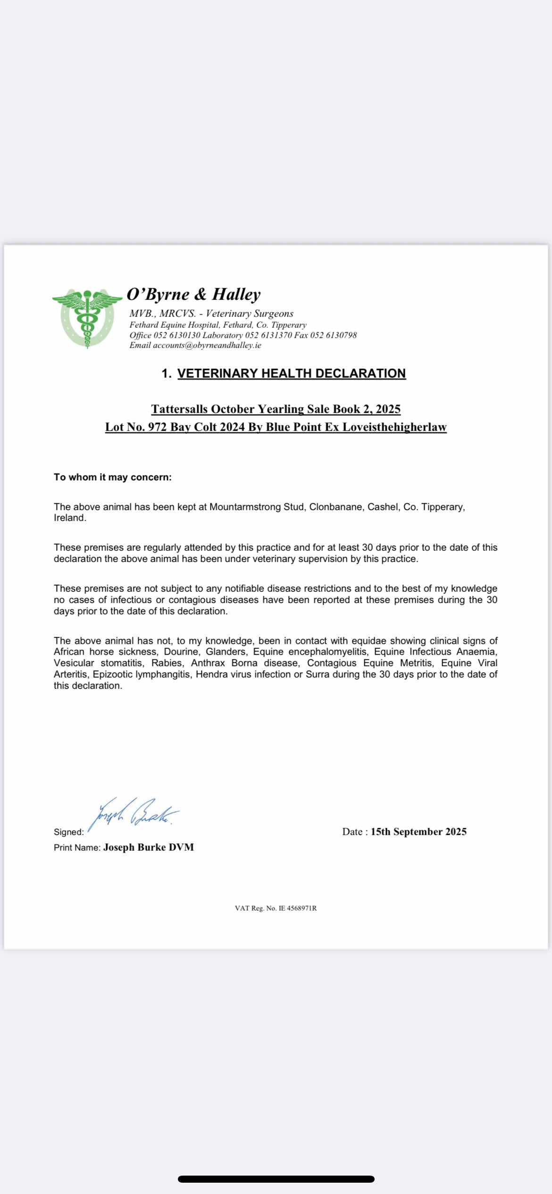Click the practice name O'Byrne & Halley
pyautogui.click(x=193, y=294)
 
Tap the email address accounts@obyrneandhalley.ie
pyautogui.click(x=207, y=345)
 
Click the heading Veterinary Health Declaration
pyautogui.click(x=291, y=373)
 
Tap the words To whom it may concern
pyautogui.click(x=113, y=477)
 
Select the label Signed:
pyautogui.click(x=69, y=832)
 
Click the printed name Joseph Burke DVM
pyautogui.click(x=149, y=847)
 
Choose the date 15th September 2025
pyautogui.click(x=418, y=832)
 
